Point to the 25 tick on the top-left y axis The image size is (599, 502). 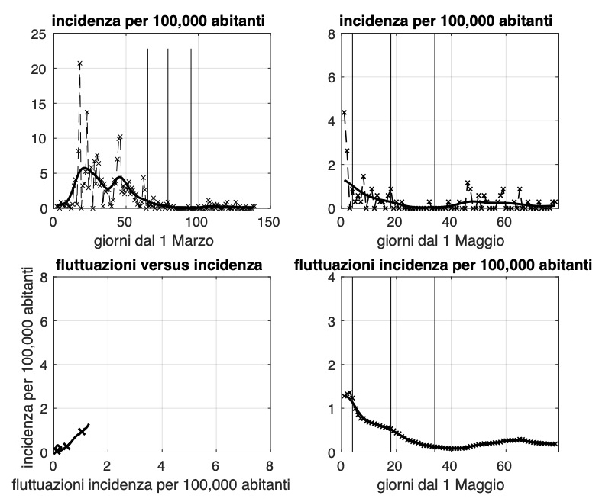pyautogui.click(x=38, y=34)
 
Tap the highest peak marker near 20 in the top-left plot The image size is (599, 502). pyautogui.click(x=79, y=64)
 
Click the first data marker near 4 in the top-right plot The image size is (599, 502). pyautogui.click(x=344, y=113)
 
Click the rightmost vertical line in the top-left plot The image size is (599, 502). pyautogui.click(x=191, y=114)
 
